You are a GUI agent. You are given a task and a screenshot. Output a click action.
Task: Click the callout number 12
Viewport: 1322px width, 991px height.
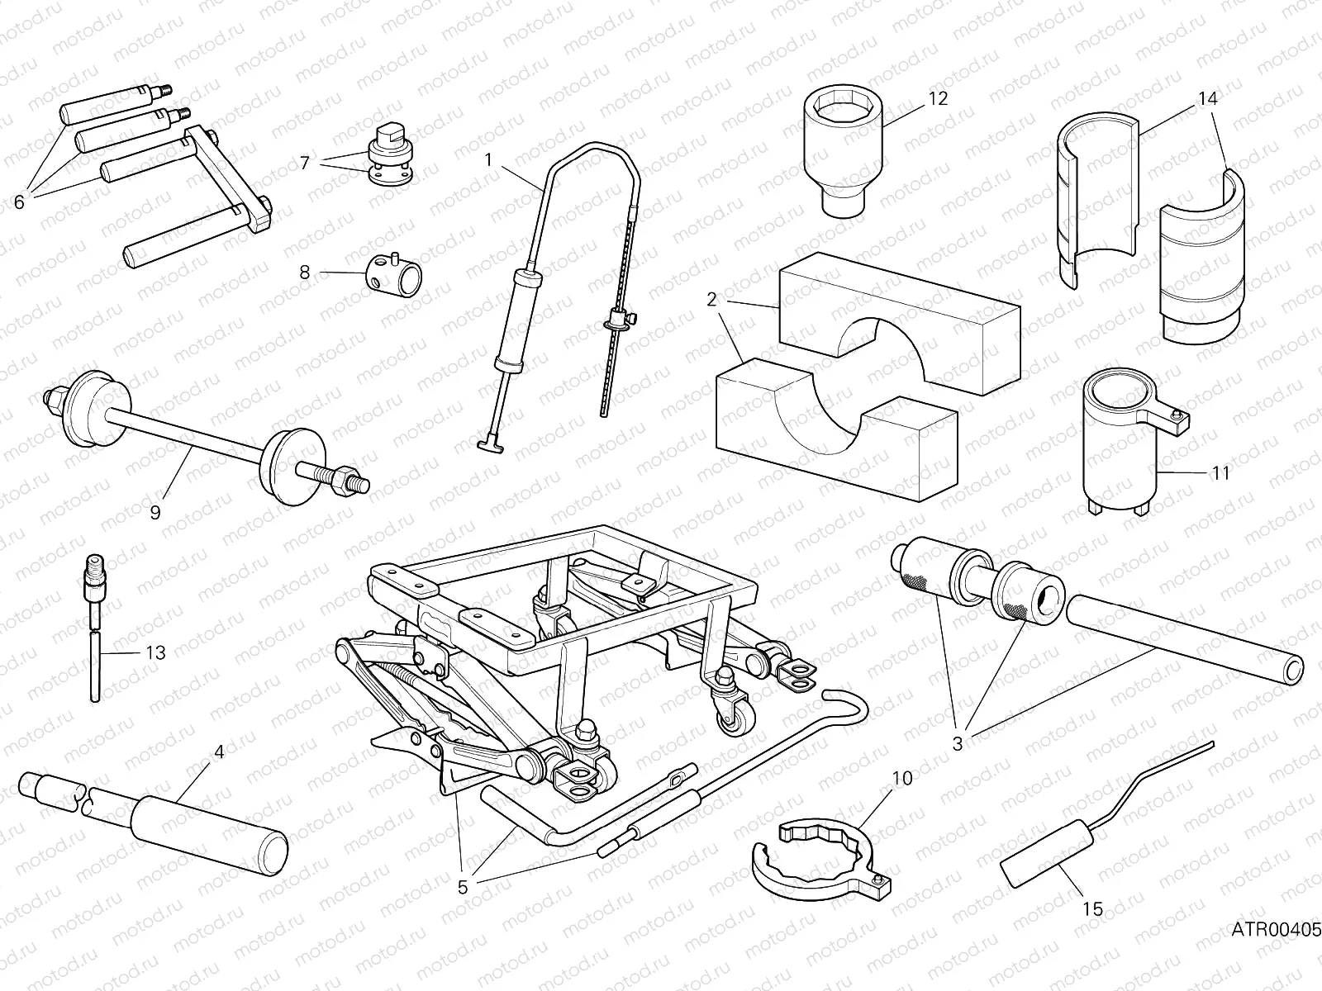(938, 98)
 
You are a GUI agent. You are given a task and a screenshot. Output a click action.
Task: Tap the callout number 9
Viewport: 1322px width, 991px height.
(155, 512)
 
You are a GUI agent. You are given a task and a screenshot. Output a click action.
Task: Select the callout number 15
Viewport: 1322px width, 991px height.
(1092, 909)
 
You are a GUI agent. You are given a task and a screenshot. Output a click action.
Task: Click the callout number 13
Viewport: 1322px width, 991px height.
(155, 652)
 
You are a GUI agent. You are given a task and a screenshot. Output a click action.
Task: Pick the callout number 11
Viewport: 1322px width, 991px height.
(1220, 473)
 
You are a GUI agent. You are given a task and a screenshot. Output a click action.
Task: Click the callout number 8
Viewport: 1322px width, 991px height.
(305, 272)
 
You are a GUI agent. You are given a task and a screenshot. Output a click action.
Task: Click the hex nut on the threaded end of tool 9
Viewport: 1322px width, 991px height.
(340, 477)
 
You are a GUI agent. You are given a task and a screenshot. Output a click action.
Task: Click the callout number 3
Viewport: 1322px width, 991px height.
(958, 743)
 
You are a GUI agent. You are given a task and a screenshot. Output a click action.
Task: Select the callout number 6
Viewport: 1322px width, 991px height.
(19, 202)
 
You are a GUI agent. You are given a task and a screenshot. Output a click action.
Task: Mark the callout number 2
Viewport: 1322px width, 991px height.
(711, 299)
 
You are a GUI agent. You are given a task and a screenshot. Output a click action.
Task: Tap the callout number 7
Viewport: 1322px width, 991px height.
(305, 163)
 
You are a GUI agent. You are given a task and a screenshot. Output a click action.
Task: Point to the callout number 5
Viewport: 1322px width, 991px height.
(463, 887)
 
